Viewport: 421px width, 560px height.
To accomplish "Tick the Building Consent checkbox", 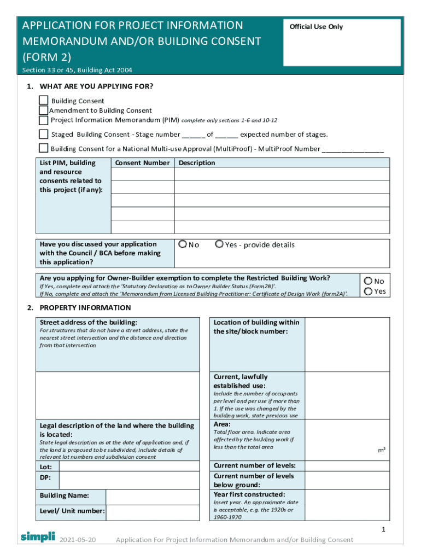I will (44, 101).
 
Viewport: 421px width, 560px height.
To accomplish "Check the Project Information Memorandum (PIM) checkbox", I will (44, 120).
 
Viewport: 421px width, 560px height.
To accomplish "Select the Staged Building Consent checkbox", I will (44, 134).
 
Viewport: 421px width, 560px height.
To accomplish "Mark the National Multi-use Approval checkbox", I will (44, 148).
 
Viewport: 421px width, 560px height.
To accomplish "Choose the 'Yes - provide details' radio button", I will (219, 244).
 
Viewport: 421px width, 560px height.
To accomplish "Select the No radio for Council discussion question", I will (183, 244).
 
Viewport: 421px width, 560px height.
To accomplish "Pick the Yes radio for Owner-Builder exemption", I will (369, 291).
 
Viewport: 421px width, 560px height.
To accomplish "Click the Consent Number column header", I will (142, 163).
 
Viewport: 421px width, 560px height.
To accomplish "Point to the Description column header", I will (197, 163).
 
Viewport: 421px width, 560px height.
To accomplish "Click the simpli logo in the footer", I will (38, 536).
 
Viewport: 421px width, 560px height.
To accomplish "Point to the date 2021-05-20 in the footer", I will (78, 540).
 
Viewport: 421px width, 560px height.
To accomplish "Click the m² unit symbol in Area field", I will (382, 450).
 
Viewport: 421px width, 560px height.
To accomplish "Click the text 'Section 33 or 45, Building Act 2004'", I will (77, 70).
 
